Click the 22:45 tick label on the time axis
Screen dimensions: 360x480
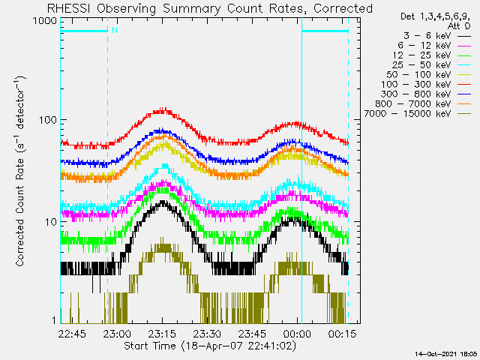pyautogui.click(x=73, y=333)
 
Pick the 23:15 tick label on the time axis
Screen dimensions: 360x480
pyautogui.click(x=163, y=333)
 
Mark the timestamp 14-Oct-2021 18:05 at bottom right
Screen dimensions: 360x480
pyautogui.click(x=447, y=353)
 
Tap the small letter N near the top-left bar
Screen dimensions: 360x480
pyautogui.click(x=114, y=31)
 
